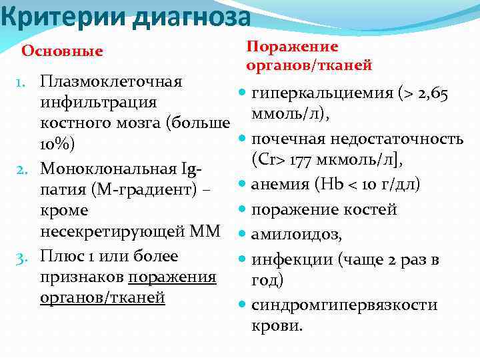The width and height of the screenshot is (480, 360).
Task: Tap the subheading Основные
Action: [63, 51]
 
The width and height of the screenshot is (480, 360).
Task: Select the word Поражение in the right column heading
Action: [292, 47]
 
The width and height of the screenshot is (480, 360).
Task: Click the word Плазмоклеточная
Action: [111, 82]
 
